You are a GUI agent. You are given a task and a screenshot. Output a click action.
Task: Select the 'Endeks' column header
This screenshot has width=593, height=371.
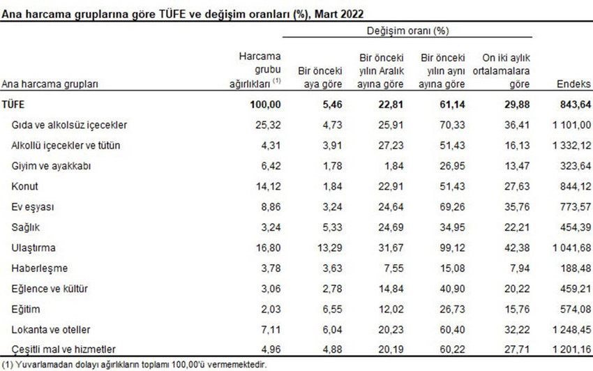[573, 84]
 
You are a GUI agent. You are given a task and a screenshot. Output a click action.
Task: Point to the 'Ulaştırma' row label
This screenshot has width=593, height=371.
[33, 248]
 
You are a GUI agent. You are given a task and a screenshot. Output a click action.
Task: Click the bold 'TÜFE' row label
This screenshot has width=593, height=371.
[14, 105]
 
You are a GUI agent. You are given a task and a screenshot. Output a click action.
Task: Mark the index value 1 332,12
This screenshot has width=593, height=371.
[567, 145]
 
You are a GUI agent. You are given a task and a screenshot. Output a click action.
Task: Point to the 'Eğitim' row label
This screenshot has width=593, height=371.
[27, 309]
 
